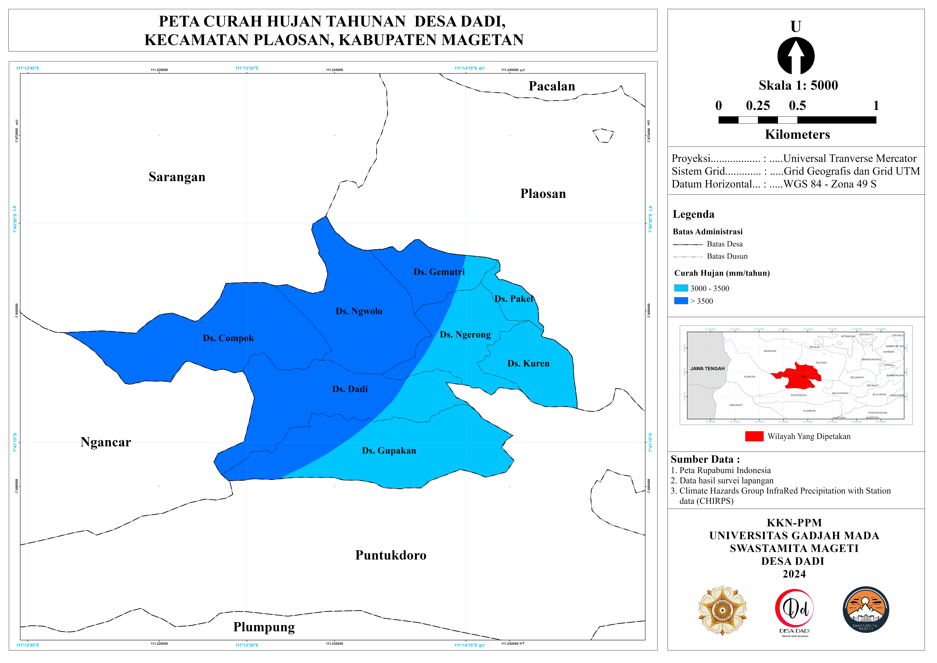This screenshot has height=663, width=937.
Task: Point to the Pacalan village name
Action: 552,86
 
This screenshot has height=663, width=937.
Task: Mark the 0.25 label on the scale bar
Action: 757,106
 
